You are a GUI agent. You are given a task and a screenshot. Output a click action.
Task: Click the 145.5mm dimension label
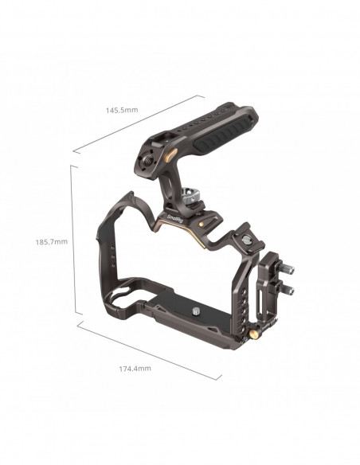[122, 110]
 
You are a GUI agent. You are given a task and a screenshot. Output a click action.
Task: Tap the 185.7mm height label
[52, 242]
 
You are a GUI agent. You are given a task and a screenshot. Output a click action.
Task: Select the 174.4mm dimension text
[135, 369]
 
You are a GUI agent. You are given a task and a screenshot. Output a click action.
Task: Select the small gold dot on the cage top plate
[202, 224]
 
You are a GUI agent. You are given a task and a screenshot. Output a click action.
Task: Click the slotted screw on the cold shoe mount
[246, 239]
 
